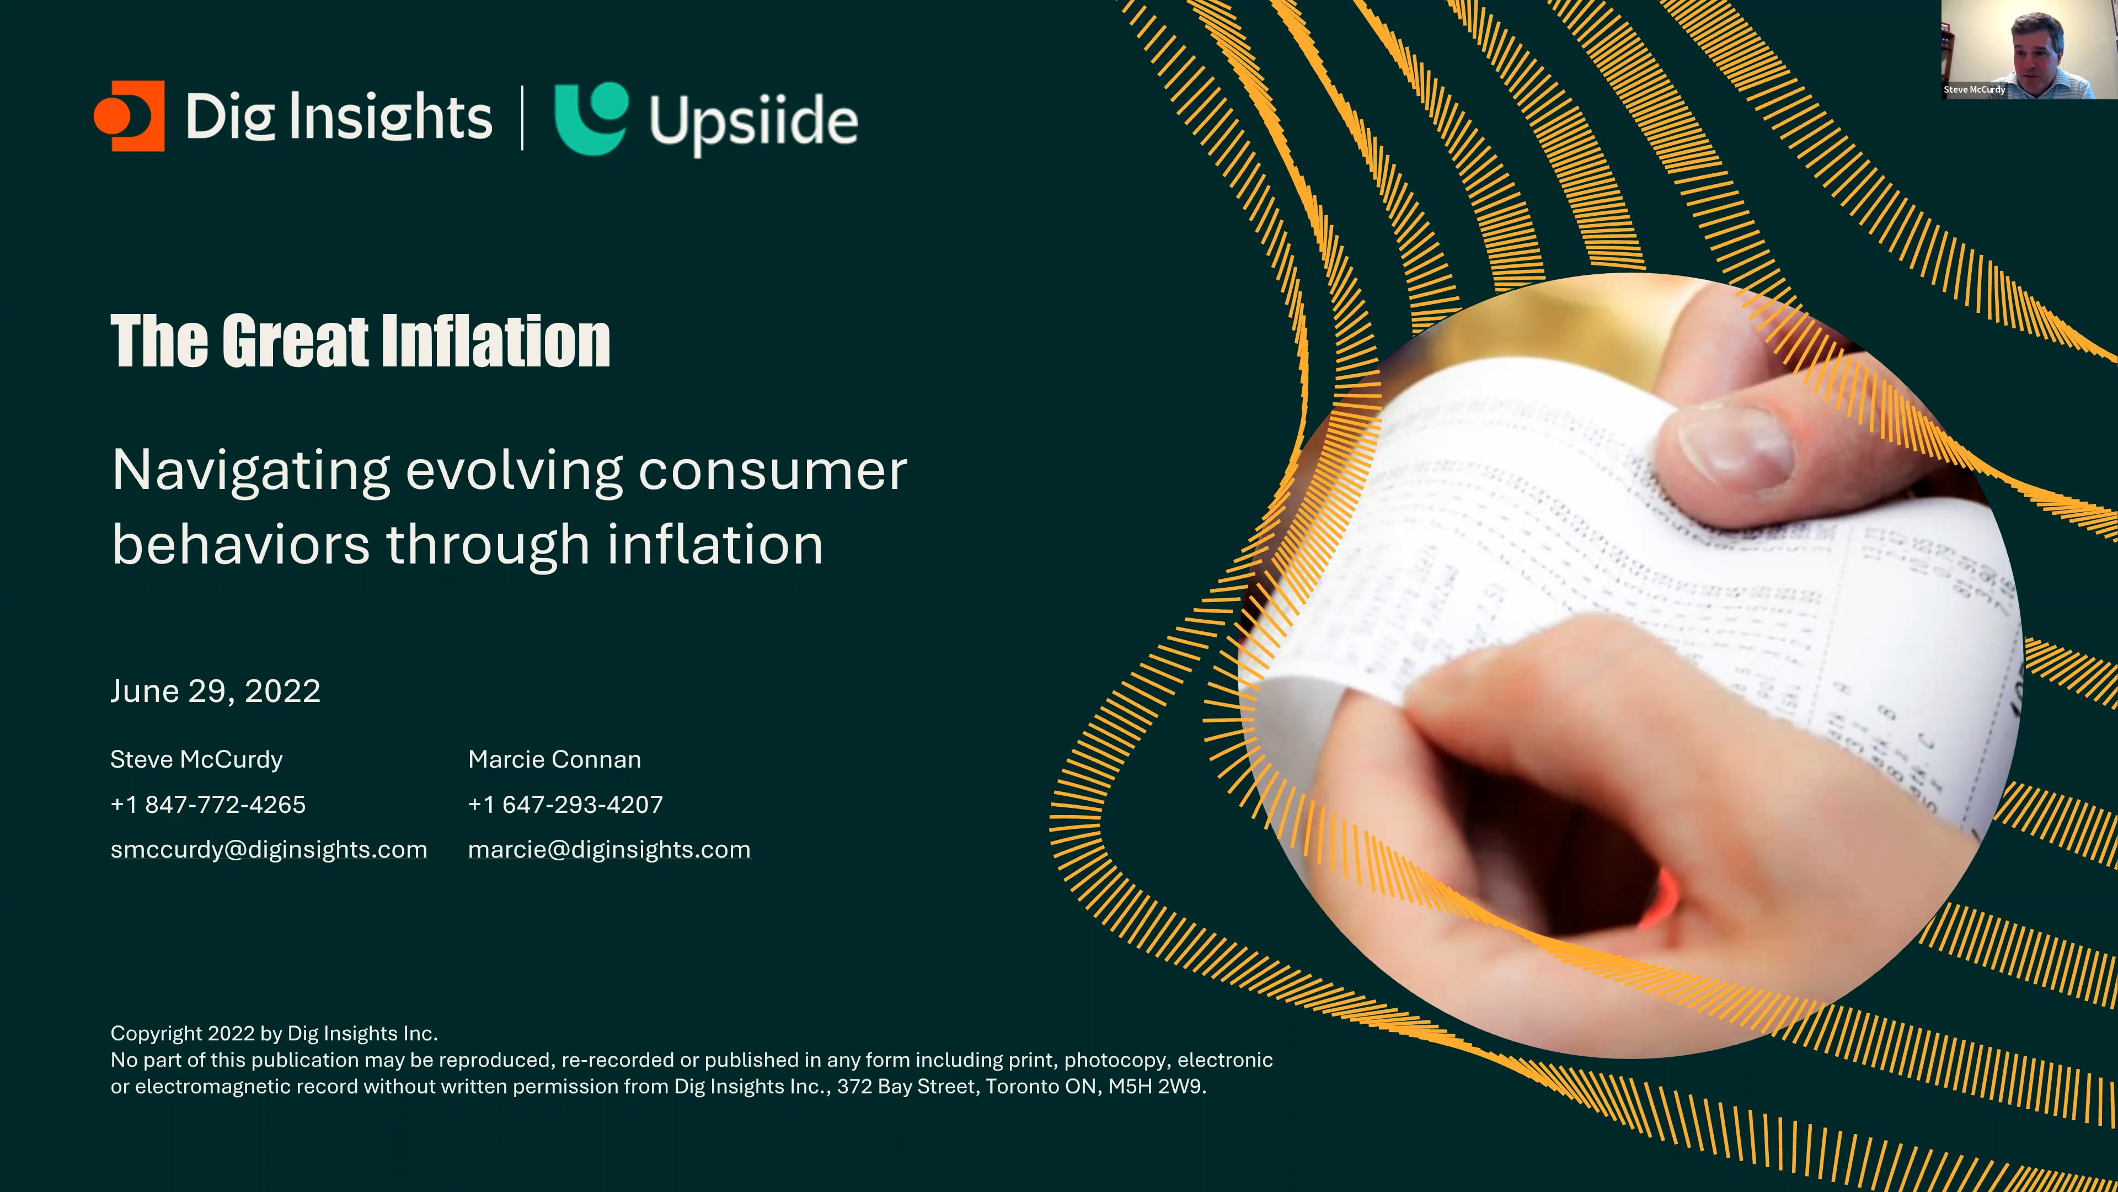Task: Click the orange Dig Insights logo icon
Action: [129, 116]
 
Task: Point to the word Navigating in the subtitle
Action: [251, 471]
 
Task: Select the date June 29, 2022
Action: [216, 691]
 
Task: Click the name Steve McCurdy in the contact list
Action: [196, 759]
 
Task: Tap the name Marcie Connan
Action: [554, 759]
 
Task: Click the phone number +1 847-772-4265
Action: [208, 805]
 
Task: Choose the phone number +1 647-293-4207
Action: [566, 805]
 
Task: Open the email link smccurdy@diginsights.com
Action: [269, 850]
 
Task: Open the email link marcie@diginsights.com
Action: [609, 850]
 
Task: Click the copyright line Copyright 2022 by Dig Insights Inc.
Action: [274, 1033]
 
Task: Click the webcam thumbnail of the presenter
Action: [2029, 49]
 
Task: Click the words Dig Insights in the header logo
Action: [339, 118]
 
